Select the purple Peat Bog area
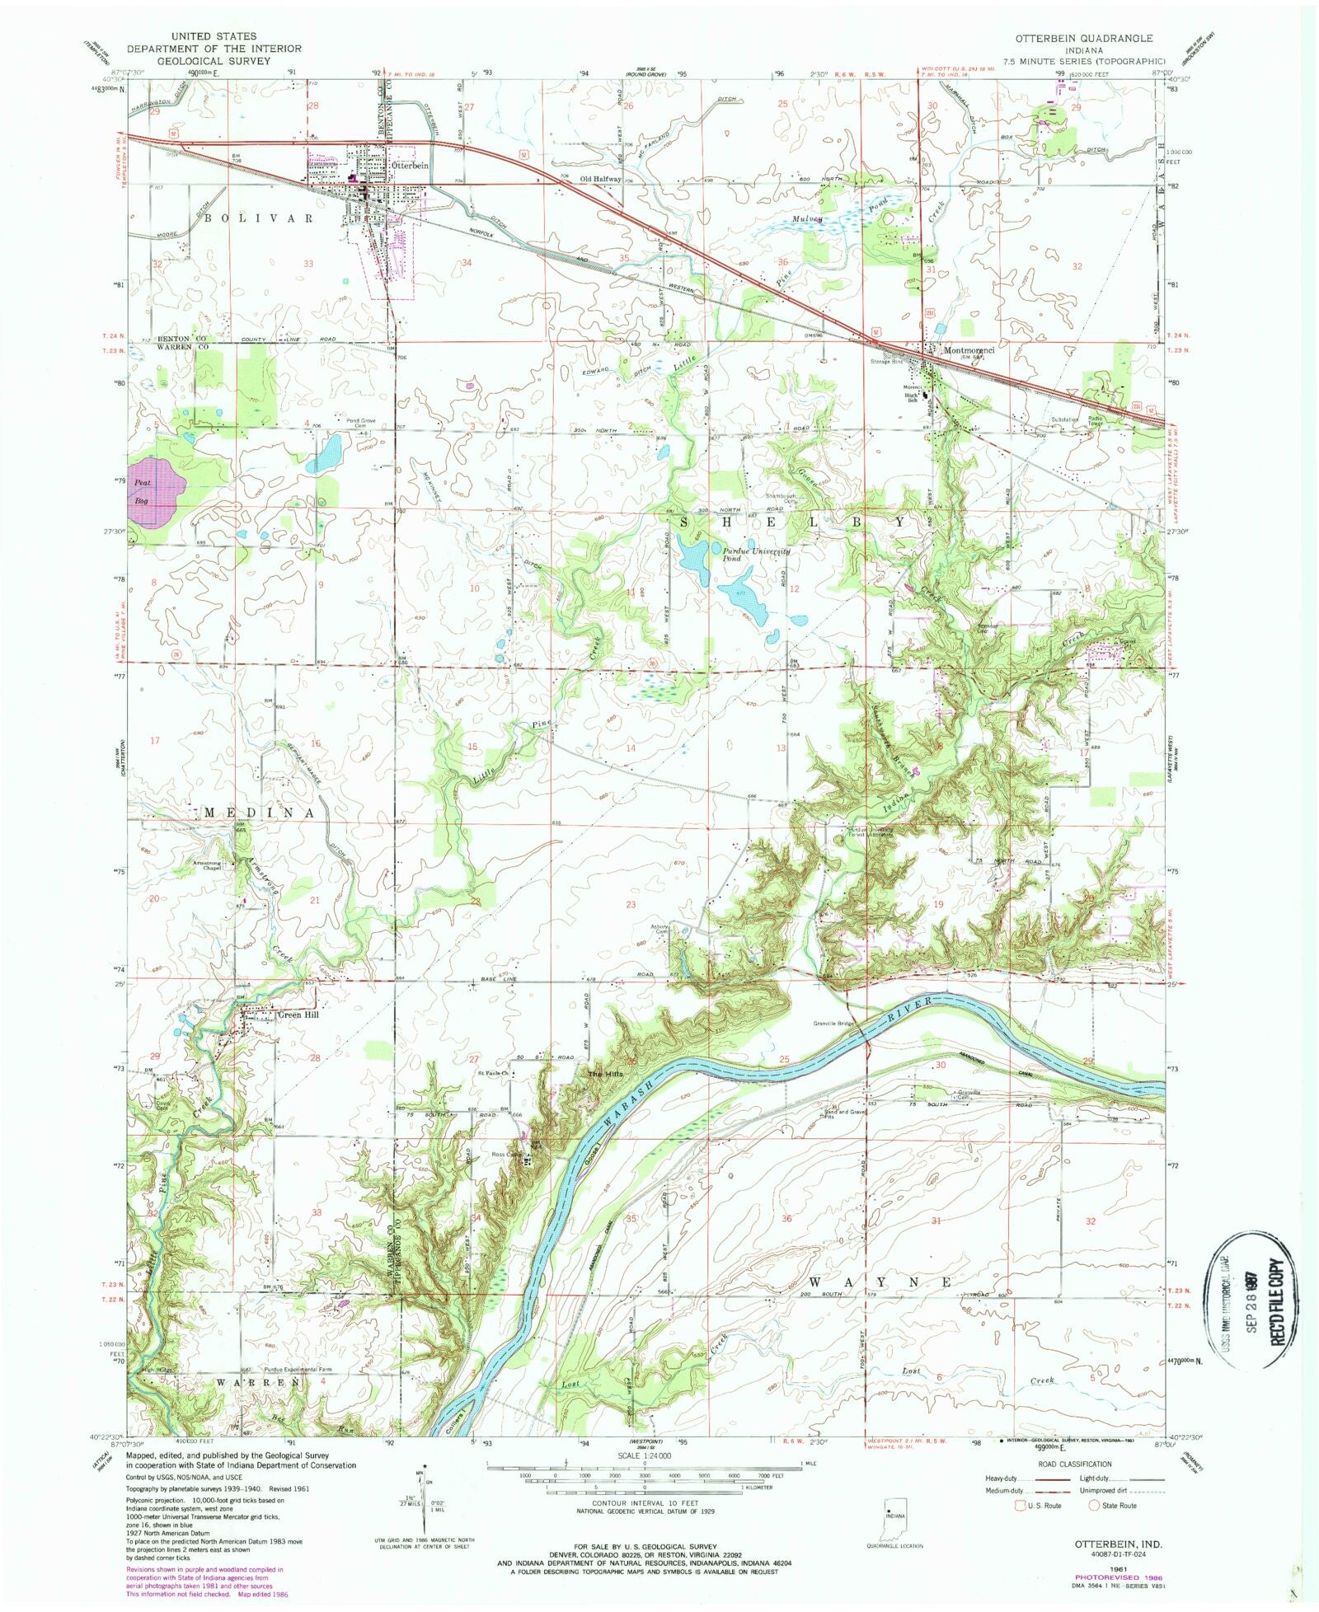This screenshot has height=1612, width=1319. click(x=156, y=491)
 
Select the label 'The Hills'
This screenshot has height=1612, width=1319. click(x=600, y=1075)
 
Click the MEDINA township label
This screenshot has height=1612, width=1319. click(x=260, y=813)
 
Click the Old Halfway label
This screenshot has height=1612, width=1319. click(x=599, y=179)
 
